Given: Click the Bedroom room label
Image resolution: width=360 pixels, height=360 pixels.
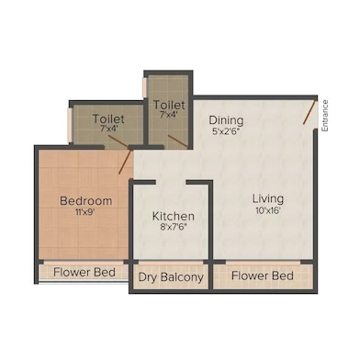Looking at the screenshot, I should (86, 201).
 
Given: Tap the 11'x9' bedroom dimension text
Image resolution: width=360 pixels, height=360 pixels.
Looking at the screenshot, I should (86, 213).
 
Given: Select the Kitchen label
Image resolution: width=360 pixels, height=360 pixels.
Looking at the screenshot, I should (173, 217).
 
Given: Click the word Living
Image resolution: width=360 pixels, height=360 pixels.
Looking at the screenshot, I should (269, 198).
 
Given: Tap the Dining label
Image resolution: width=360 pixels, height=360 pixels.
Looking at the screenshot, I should (226, 119).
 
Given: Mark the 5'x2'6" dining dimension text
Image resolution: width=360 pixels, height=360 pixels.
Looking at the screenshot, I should (226, 131).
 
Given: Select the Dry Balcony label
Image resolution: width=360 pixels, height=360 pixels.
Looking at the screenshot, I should (172, 276).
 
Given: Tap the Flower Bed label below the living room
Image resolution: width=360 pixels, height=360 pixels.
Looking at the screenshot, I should (262, 276).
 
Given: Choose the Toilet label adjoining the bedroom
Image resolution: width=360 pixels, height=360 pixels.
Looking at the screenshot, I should (109, 118).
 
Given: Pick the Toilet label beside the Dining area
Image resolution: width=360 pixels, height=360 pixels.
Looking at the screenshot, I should (169, 105).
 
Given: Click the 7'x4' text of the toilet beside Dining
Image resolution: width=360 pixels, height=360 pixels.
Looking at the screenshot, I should (169, 116).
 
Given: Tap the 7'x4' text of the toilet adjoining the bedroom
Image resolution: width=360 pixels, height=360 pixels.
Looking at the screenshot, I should (109, 129).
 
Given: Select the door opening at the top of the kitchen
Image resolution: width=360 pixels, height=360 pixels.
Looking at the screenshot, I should (173, 181).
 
